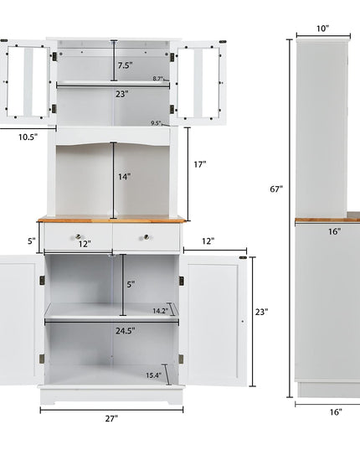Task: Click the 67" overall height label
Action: tap(276, 189)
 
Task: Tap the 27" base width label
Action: tap(111, 419)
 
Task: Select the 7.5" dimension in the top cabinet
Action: tap(126, 65)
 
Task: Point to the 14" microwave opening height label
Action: tap(125, 177)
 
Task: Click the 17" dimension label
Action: tap(200, 164)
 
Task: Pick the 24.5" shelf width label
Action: tap(126, 331)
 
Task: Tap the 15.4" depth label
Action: tap(154, 375)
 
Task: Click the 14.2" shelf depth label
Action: tap(160, 311)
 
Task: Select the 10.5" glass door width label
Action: tap(28, 137)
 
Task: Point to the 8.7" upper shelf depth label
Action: tap(158, 78)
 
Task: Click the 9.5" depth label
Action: tap(157, 123)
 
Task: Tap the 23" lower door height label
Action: tap(262, 312)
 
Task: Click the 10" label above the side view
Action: tap(322, 28)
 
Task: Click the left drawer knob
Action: tap(78, 236)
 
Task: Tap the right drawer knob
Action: tap(147, 237)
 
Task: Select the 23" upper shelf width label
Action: tap(122, 94)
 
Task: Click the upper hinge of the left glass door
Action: tap(54, 56)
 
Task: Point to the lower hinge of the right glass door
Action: tap(172, 109)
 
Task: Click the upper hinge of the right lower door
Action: tap(182, 281)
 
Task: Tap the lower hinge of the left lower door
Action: tap(42, 359)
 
